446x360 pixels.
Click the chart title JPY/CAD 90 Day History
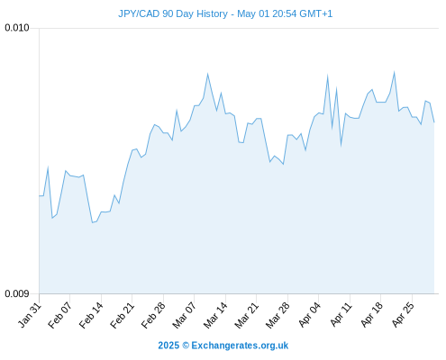pos(173,13)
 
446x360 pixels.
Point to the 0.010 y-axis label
pos(17,28)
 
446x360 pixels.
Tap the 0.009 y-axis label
pos(17,293)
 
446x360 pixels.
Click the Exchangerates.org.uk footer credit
pos(223,346)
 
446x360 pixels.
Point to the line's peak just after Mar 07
pos(207,74)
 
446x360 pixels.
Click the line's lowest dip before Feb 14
pos(93,222)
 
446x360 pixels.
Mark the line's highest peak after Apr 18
pos(394,72)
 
